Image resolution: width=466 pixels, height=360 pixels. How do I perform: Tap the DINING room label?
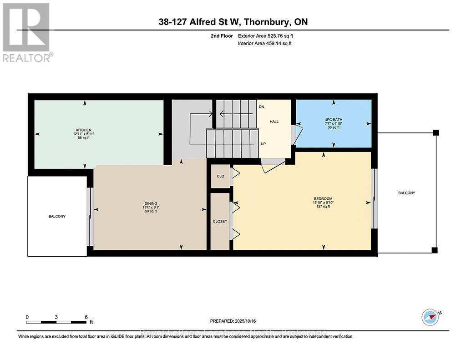click(150, 203)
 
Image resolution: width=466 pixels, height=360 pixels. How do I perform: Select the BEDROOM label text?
click(323, 198)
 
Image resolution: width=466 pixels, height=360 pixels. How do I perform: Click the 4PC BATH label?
click(334, 120)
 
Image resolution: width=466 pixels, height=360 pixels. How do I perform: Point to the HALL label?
click(274, 122)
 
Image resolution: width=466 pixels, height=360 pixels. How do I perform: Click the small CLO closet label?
click(220, 176)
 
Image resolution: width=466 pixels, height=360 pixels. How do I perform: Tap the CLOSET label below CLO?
click(220, 222)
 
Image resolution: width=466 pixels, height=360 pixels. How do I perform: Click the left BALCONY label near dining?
click(57, 216)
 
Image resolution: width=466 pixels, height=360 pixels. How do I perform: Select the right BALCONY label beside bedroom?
click(406, 193)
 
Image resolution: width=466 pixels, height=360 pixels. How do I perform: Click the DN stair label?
click(261, 106)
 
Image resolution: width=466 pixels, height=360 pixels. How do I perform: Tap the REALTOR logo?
click(27, 32)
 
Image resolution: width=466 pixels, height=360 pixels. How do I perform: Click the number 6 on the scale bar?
click(86, 317)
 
